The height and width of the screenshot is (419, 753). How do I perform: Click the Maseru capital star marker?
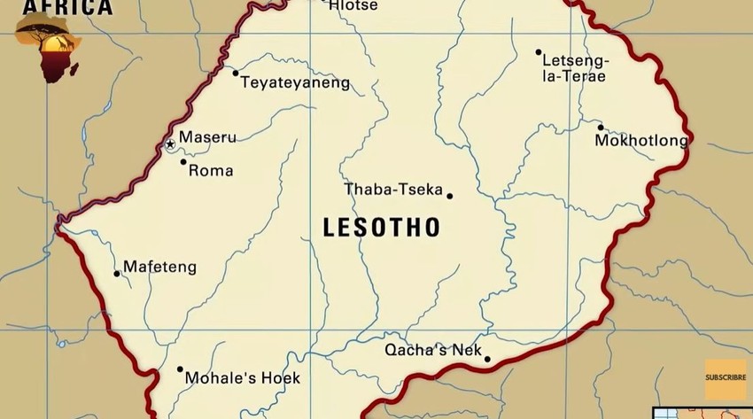tap(170, 144)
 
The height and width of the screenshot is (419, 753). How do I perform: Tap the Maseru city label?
tap(207, 137)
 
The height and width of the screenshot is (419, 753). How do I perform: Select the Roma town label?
tap(211, 170)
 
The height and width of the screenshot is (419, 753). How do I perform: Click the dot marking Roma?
tap(183, 161)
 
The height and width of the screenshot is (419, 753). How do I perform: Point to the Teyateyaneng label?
tap(296, 83)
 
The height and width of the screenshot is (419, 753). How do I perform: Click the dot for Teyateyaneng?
tap(235, 72)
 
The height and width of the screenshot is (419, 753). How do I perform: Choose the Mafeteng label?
tap(159, 267)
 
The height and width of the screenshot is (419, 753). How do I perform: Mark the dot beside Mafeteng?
tap(116, 274)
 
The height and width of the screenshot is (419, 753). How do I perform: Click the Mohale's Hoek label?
tap(242, 378)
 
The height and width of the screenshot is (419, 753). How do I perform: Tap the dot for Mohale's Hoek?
tap(180, 369)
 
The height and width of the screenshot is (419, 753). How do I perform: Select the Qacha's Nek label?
tap(432, 350)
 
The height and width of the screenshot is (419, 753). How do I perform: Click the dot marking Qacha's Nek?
tap(487, 359)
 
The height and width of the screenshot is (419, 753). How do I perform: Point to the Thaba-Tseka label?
tap(392, 189)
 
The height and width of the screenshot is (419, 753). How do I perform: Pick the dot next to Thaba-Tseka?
tap(450, 196)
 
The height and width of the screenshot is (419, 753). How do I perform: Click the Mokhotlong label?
tap(641, 141)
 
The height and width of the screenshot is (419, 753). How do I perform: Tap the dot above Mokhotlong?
tap(600, 127)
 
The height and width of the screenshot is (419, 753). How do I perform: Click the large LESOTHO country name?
tap(382, 228)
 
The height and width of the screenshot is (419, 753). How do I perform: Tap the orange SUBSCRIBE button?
tap(725, 378)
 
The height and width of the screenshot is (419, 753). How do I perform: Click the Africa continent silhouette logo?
tap(50, 50)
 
